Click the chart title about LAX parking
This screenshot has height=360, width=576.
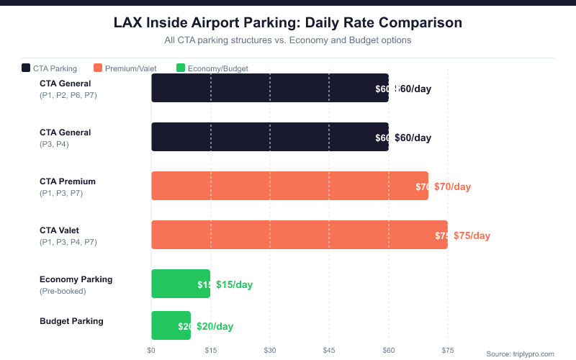click(x=288, y=23)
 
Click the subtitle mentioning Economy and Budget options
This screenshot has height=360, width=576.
click(x=288, y=40)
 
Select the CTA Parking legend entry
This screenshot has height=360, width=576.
click(x=50, y=68)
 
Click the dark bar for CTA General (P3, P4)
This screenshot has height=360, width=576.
click(x=270, y=137)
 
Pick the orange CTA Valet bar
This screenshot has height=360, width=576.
click(x=300, y=235)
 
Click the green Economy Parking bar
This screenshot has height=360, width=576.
click(x=181, y=284)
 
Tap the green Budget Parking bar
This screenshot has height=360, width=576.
click(x=171, y=325)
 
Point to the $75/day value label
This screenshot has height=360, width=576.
click(x=472, y=235)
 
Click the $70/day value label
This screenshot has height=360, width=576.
click(x=452, y=186)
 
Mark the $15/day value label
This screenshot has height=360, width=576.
click(x=234, y=284)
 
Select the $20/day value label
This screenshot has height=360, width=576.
click(x=215, y=326)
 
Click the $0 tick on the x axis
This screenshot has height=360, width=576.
click(x=151, y=351)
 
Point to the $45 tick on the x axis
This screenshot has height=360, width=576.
click(x=329, y=351)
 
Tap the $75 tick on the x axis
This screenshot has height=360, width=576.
click(x=447, y=351)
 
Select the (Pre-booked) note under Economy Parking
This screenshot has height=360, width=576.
click(x=63, y=291)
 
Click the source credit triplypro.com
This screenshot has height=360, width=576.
click(x=520, y=354)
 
